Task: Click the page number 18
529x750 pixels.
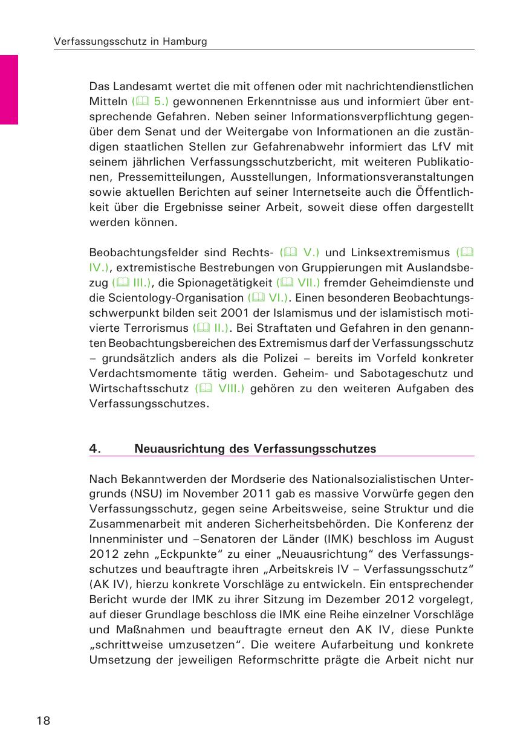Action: pyautogui.click(x=42, y=721)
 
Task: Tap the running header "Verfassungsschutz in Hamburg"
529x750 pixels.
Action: pyautogui.click(x=131, y=42)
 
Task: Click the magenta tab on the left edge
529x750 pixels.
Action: pyautogui.click(x=9, y=89)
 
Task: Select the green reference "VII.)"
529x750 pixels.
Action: pyautogui.click(x=306, y=282)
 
